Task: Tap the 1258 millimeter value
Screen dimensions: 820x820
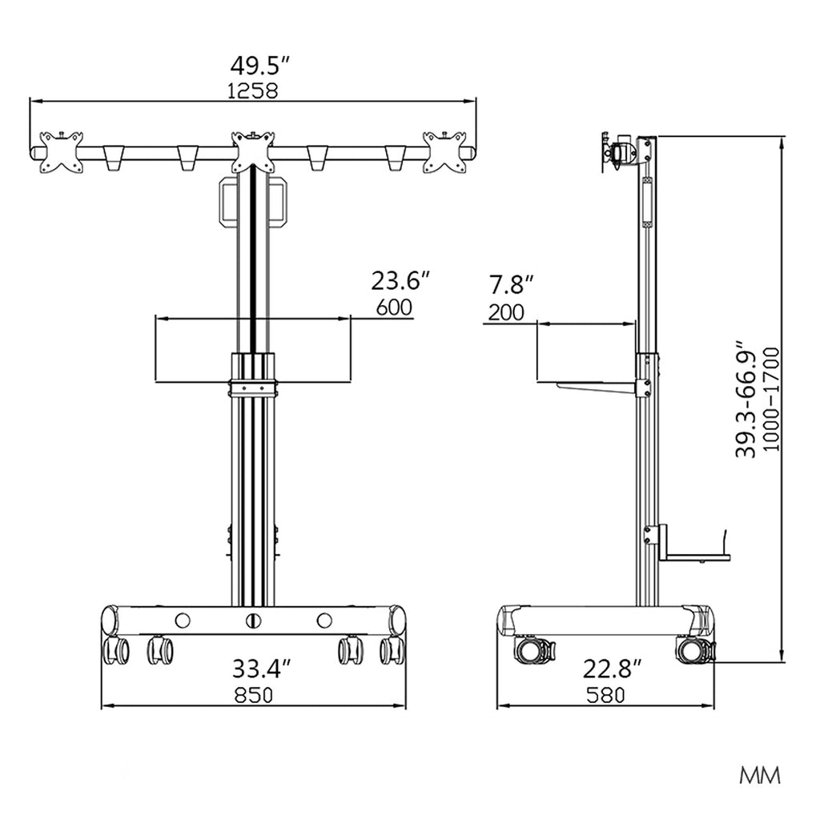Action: pos(252,91)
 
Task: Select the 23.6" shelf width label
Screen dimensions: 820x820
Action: pos(400,281)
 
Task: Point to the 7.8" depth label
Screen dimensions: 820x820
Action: pos(511,286)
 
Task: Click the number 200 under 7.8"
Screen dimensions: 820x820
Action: pos(506,313)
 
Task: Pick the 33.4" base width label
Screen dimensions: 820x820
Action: pos(261,669)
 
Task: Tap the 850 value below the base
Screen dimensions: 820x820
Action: pos(254,695)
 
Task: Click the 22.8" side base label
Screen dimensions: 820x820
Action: pos(613,669)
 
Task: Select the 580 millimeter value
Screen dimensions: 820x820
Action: pos(605,695)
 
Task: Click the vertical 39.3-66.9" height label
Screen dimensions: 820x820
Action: pos(746,400)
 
